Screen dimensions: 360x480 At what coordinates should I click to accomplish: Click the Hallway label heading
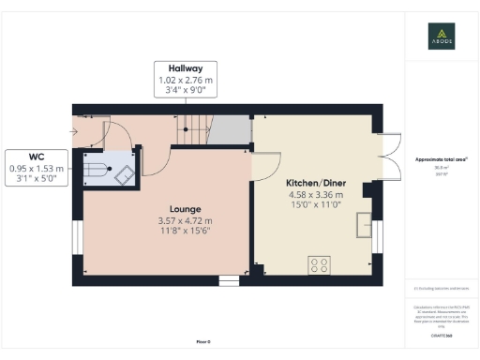pos(186,69)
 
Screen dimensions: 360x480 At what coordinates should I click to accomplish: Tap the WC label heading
pos(35,157)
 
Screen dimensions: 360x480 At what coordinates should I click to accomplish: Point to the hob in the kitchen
pos(319,265)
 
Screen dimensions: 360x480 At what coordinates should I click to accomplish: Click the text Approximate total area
pos(440,159)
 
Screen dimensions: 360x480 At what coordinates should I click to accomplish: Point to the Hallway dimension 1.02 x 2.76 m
pos(186,81)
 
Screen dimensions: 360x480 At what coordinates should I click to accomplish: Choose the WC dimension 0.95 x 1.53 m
pos(35,168)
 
